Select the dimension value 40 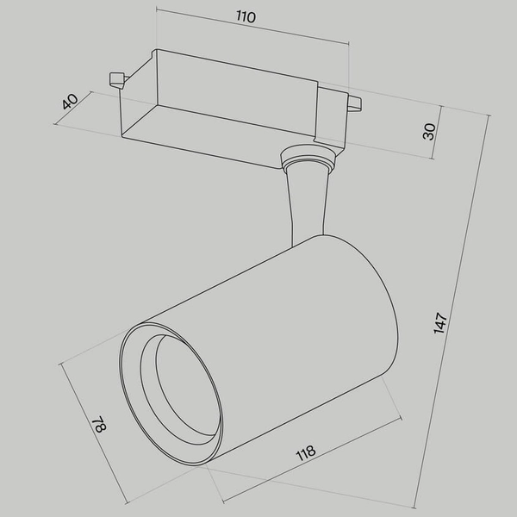pyautogui.click(x=70, y=101)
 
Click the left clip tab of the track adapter pyautogui.click(x=115, y=80)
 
